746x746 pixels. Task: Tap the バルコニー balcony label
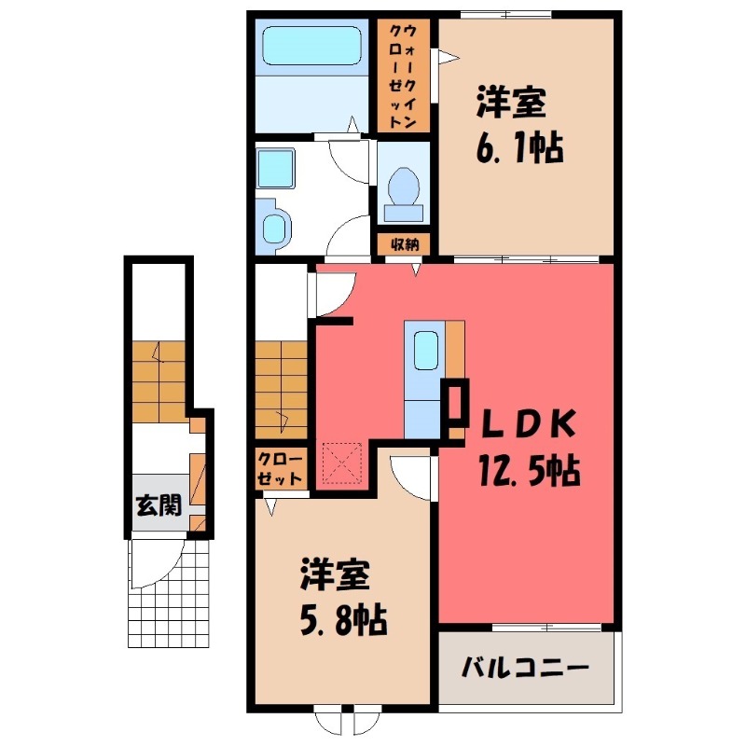click(525, 669)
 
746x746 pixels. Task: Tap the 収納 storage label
click(404, 244)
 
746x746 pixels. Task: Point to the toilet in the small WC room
click(403, 186)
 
